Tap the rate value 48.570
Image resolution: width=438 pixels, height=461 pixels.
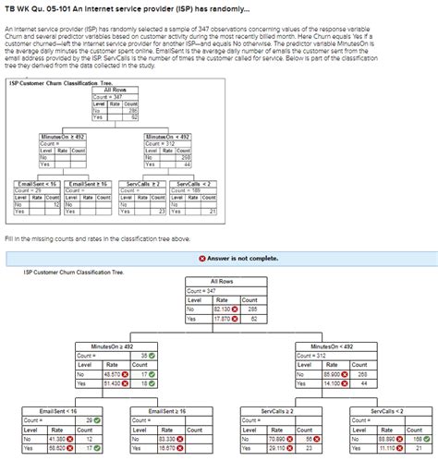coord(114,373)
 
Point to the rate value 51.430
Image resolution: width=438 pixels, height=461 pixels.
coord(114,382)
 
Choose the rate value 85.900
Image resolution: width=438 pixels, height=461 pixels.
coord(331,373)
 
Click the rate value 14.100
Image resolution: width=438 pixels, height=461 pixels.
coord(331,382)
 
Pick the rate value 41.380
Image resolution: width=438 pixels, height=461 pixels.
coord(56,439)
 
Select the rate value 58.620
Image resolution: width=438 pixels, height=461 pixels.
coord(56,448)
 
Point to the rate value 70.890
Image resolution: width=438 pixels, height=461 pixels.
coord(276,439)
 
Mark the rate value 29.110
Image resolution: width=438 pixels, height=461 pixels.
coord(276,448)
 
